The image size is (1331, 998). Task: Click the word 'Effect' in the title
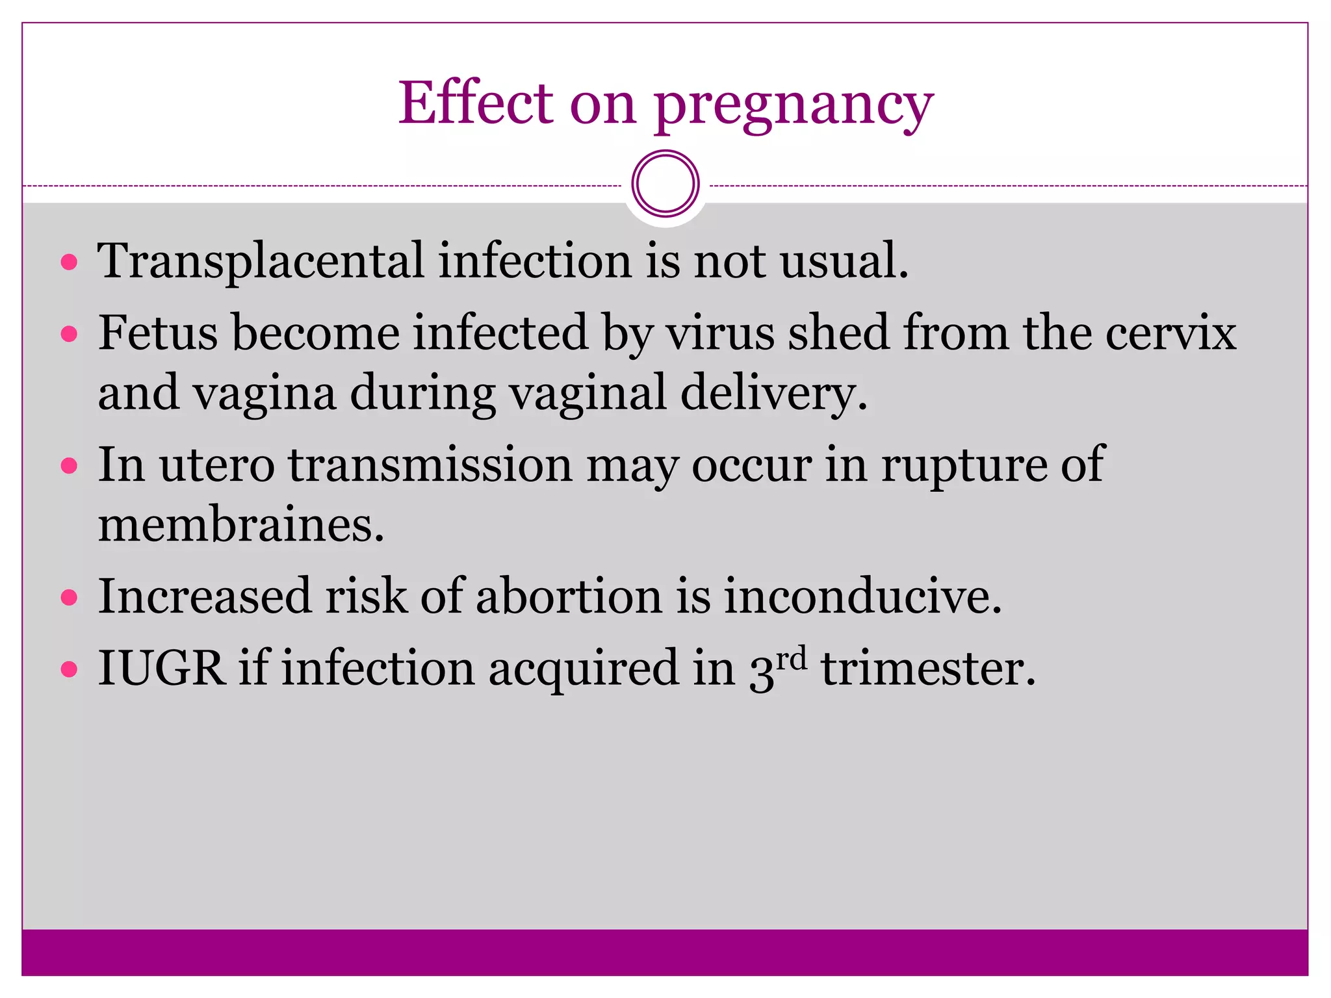475,103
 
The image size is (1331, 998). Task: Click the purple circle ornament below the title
665,184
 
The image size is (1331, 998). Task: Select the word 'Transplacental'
260,262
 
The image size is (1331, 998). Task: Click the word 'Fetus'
158,333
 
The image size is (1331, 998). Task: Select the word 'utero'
217,465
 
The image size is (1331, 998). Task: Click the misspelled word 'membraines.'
241,525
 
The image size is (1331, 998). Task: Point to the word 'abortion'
569,596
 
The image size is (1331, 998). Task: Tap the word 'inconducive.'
862,596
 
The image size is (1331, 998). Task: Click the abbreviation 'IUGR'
161,669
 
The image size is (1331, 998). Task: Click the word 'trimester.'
928,669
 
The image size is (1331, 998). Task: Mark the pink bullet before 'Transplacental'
69,262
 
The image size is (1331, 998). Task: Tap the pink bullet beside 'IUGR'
69,669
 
